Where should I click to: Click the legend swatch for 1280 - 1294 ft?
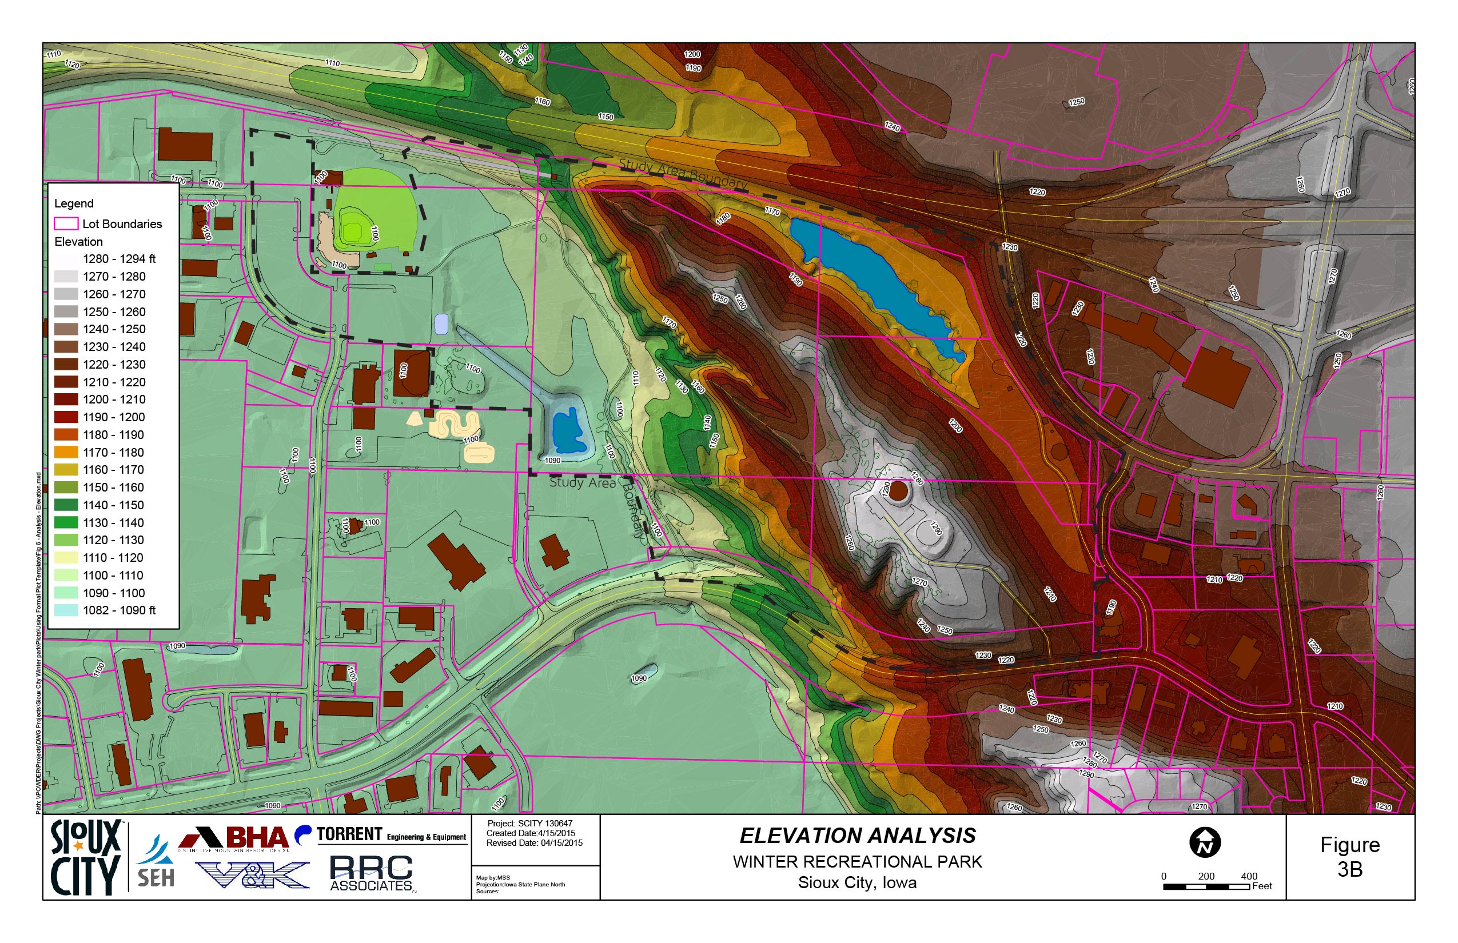(x=66, y=259)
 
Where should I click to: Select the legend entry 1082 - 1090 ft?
(x=119, y=610)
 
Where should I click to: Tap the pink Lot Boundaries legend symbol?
(x=66, y=223)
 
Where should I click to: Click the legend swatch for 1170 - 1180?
(x=66, y=453)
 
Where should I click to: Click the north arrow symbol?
(x=1204, y=842)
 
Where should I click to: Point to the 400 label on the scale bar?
(x=1249, y=876)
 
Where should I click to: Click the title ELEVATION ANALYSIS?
(x=857, y=836)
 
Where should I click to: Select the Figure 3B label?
(x=1349, y=857)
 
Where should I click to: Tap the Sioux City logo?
(x=85, y=857)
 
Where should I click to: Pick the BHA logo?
(x=233, y=838)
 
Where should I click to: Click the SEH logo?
(x=156, y=864)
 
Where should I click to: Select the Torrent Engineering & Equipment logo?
(x=383, y=835)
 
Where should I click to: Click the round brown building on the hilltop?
(x=898, y=490)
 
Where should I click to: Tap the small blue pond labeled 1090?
(x=569, y=430)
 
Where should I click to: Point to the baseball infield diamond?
(x=353, y=231)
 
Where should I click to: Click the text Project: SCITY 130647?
(x=529, y=824)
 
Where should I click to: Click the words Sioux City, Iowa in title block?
(x=857, y=883)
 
